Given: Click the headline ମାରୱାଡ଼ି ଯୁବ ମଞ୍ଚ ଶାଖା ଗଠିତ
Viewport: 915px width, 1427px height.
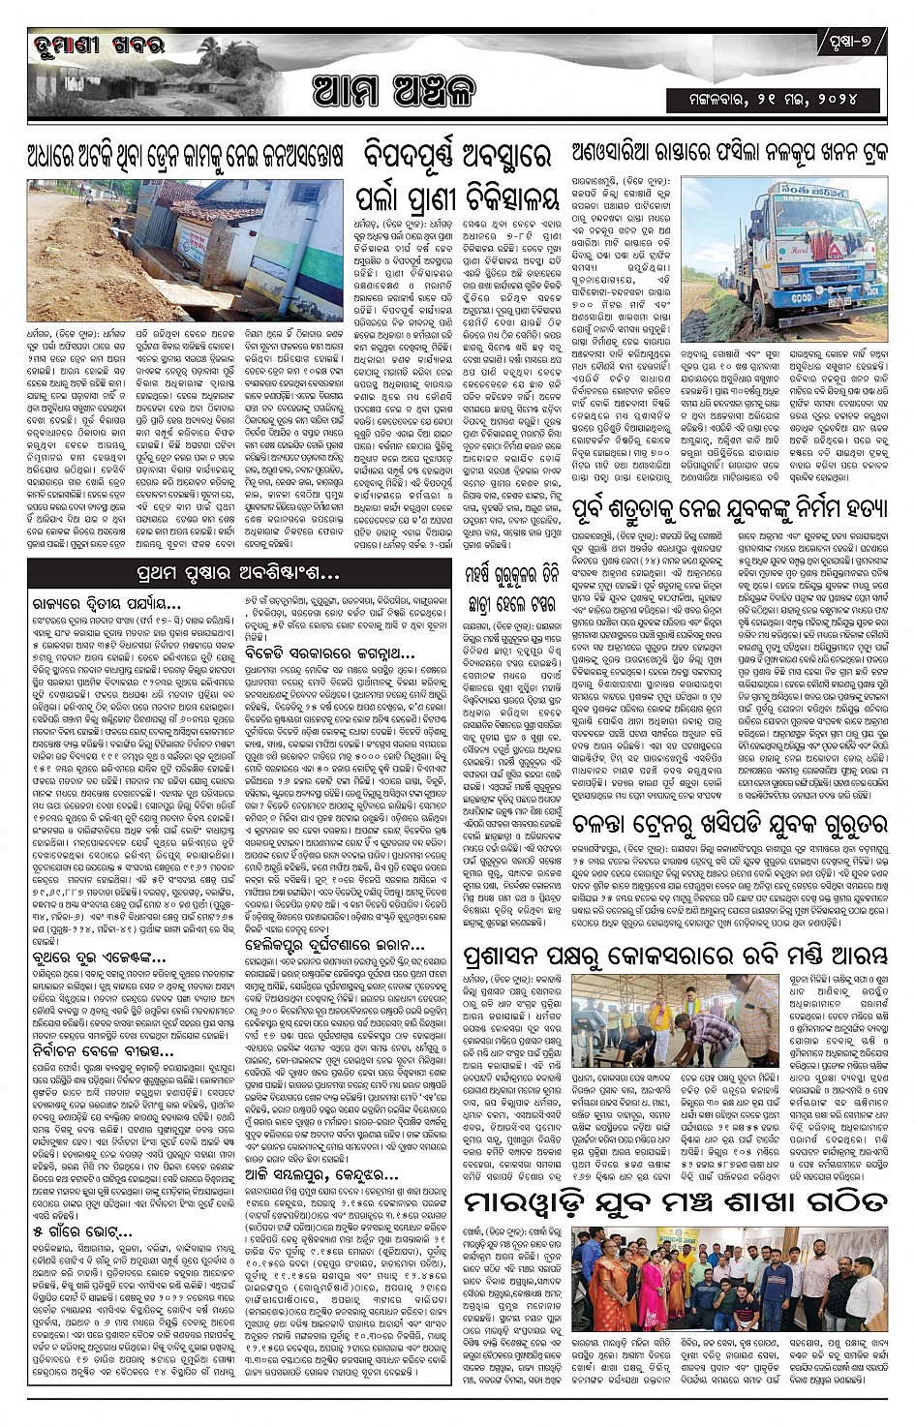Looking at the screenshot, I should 675,1201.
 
